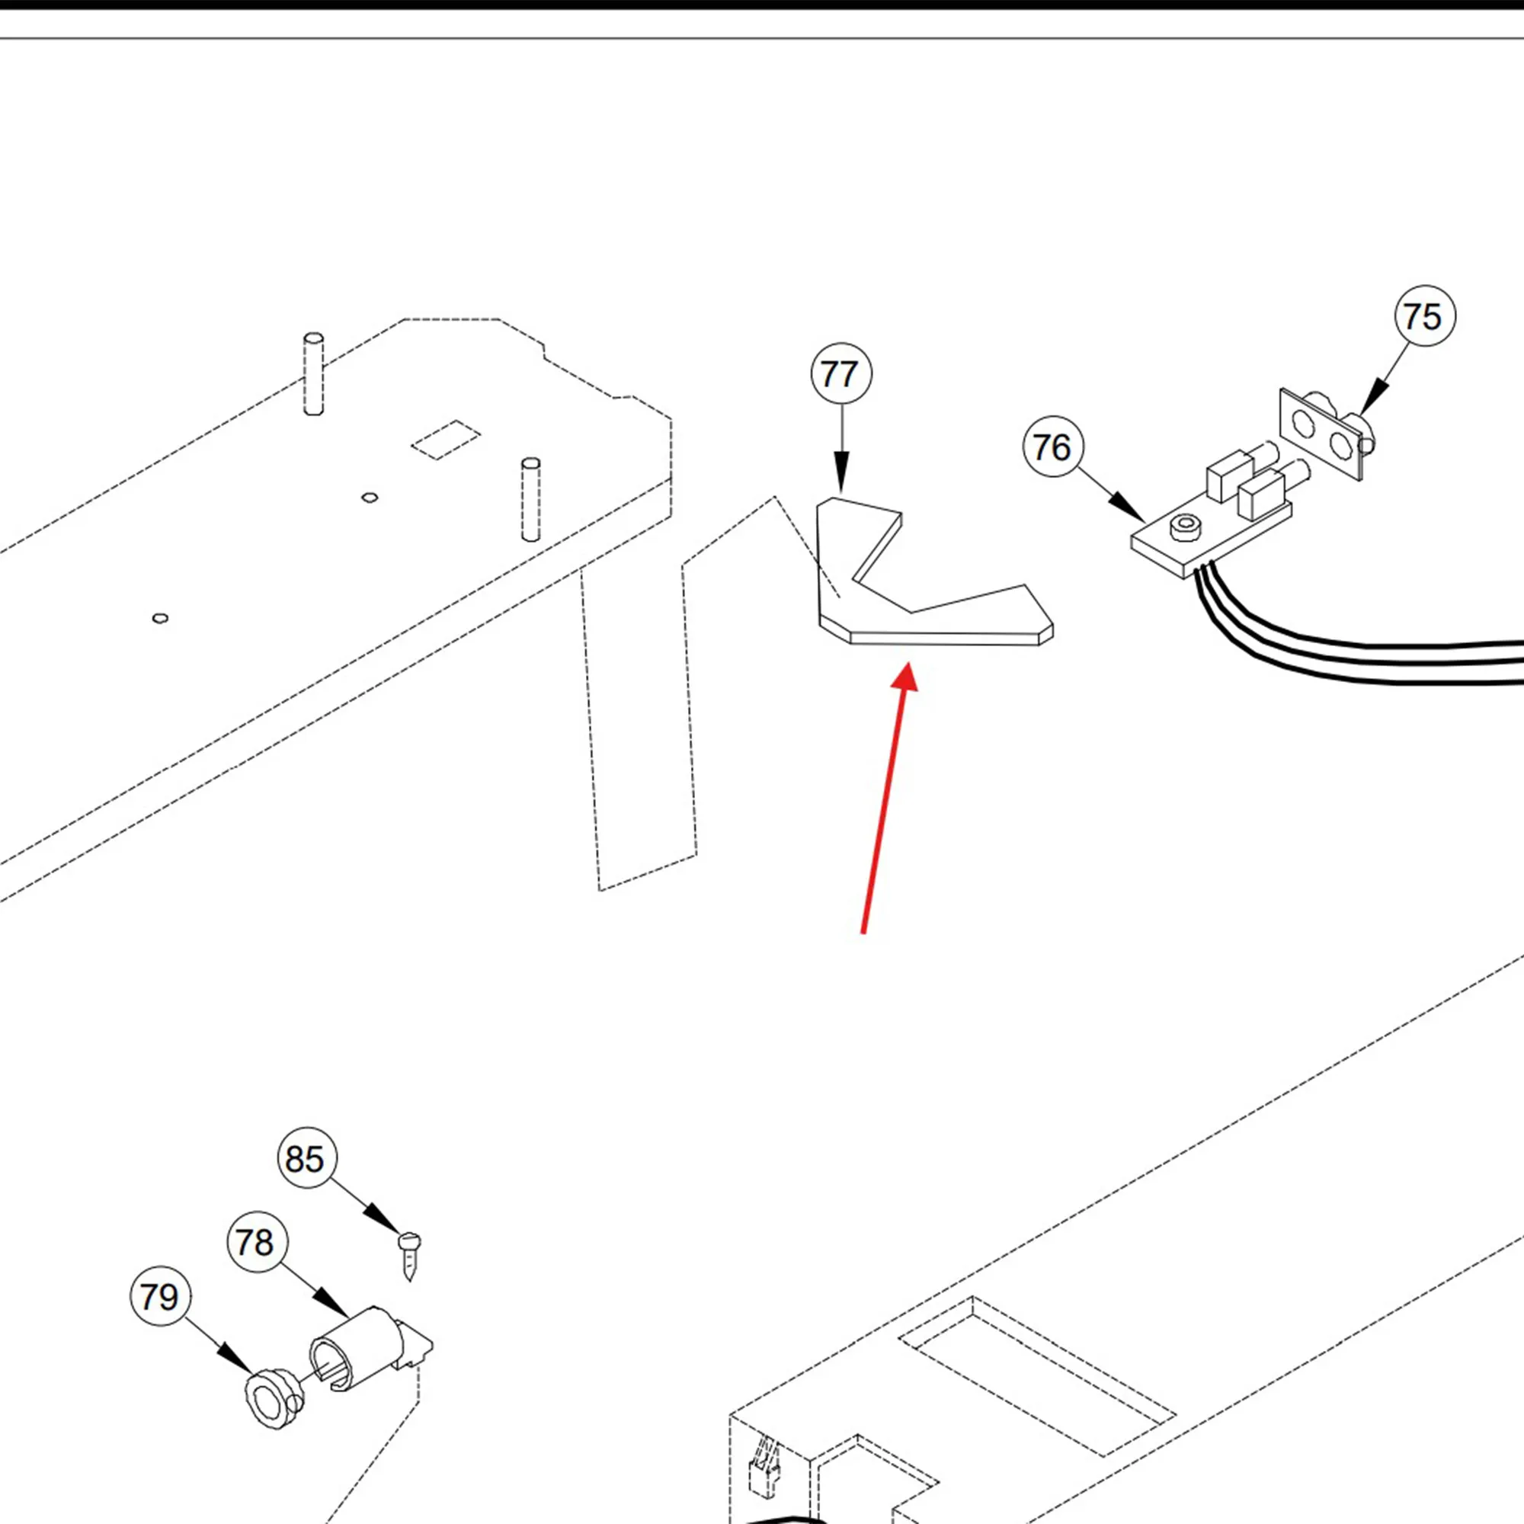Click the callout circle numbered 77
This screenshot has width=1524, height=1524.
[841, 373]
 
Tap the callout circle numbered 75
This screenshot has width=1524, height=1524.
[1424, 315]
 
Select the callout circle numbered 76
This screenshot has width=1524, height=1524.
[1052, 447]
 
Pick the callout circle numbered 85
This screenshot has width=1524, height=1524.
[307, 1158]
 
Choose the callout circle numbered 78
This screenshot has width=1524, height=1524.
[257, 1242]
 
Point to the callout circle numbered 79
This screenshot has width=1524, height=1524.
[160, 1297]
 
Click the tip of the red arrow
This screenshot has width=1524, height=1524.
[910, 665]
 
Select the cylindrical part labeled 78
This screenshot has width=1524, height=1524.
[361, 1347]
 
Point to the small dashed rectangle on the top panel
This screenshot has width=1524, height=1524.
[446, 440]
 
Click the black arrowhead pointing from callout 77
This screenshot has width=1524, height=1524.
[842, 480]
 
